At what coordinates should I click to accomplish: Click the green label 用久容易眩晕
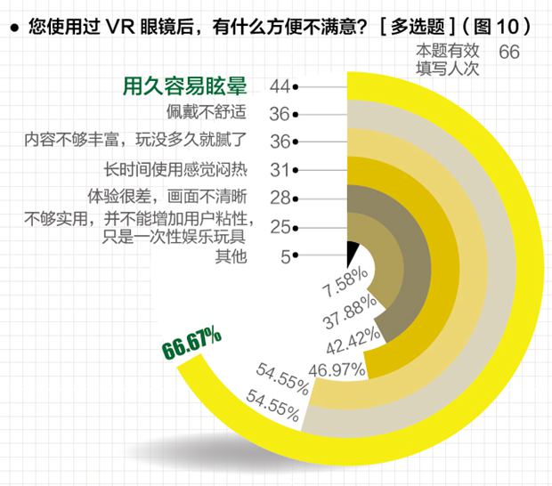point(183,86)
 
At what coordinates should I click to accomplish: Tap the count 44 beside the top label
point(280,86)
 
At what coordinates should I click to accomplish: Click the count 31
point(280,168)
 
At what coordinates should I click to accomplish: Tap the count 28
point(280,197)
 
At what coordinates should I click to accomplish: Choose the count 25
point(280,228)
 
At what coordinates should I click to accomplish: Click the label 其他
point(228,256)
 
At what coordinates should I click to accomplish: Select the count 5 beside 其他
point(285,257)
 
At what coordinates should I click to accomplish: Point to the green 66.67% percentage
point(191,344)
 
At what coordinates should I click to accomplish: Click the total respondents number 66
point(509,53)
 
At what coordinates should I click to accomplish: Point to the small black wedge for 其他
point(351,250)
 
